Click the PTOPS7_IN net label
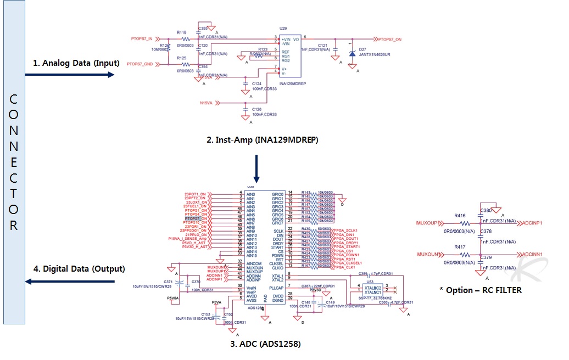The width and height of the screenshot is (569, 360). tap(142, 38)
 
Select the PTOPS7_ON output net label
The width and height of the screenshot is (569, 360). tap(389, 40)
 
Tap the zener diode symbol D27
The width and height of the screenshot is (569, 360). tap(352, 54)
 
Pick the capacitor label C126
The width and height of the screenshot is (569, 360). tap(257, 109)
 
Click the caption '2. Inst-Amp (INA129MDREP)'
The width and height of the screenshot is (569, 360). tap(262, 140)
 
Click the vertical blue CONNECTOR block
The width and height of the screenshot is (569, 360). tap(14, 162)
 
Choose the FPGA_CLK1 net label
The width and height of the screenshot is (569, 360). tap(343, 267)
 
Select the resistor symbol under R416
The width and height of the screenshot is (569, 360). tap(465, 223)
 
